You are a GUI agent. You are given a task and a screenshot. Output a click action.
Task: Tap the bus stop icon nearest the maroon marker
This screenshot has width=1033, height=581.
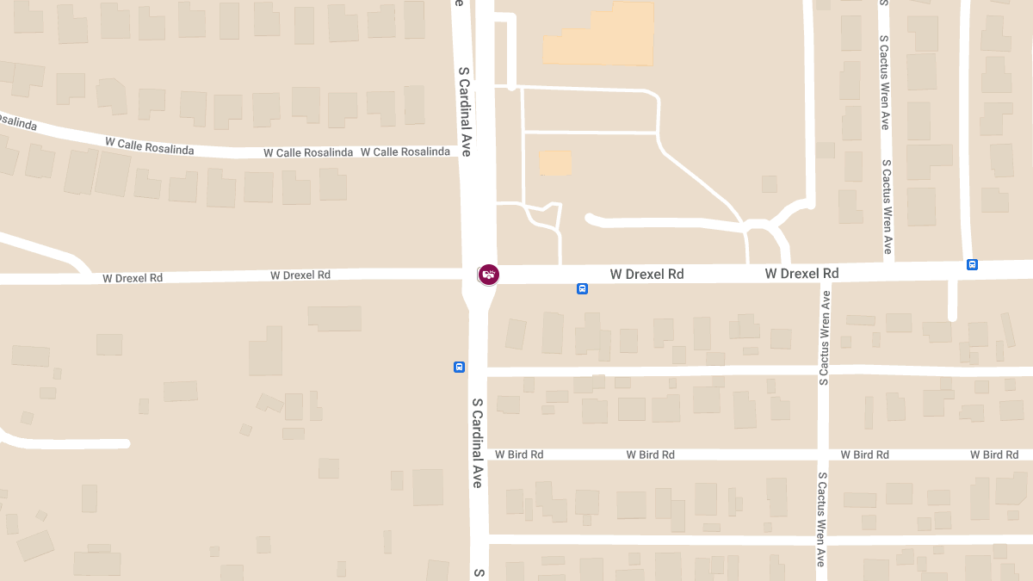pyautogui.click(x=582, y=289)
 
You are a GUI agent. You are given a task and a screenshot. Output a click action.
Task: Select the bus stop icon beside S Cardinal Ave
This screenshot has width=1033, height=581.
pyautogui.click(x=459, y=368)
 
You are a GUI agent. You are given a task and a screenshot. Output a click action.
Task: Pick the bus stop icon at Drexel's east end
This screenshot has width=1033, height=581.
pyautogui.click(x=972, y=265)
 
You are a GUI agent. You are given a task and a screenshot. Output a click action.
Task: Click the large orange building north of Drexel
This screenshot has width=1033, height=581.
pyautogui.click(x=599, y=35)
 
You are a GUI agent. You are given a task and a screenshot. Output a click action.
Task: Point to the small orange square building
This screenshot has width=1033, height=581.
pyautogui.click(x=555, y=163)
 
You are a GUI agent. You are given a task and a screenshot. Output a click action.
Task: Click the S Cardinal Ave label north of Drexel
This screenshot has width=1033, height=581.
pyautogui.click(x=465, y=111)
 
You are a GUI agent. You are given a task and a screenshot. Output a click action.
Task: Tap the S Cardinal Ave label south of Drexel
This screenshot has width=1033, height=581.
pyautogui.click(x=477, y=442)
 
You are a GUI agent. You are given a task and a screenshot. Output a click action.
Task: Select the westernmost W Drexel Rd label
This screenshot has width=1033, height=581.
pyautogui.click(x=133, y=278)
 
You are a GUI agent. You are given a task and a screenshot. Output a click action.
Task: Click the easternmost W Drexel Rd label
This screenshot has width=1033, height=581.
pyautogui.click(x=801, y=273)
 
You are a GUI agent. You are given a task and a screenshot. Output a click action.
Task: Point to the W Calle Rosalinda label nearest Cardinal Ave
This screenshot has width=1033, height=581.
pyautogui.click(x=405, y=152)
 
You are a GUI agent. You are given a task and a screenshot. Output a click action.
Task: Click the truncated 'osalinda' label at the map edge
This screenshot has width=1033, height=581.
pyautogui.click(x=18, y=121)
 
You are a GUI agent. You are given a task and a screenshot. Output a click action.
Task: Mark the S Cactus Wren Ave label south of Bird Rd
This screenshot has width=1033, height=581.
pyautogui.click(x=822, y=518)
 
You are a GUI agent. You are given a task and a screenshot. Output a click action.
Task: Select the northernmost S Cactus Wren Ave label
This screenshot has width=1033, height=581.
pyautogui.click(x=884, y=81)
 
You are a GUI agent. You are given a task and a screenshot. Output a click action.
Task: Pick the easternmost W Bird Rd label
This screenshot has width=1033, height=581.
pyautogui.click(x=999, y=454)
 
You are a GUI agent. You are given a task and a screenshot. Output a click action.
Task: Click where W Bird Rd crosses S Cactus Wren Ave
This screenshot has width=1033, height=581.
pyautogui.click(x=823, y=454)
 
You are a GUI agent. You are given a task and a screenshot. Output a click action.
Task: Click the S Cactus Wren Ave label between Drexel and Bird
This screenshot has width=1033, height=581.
pyautogui.click(x=825, y=337)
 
